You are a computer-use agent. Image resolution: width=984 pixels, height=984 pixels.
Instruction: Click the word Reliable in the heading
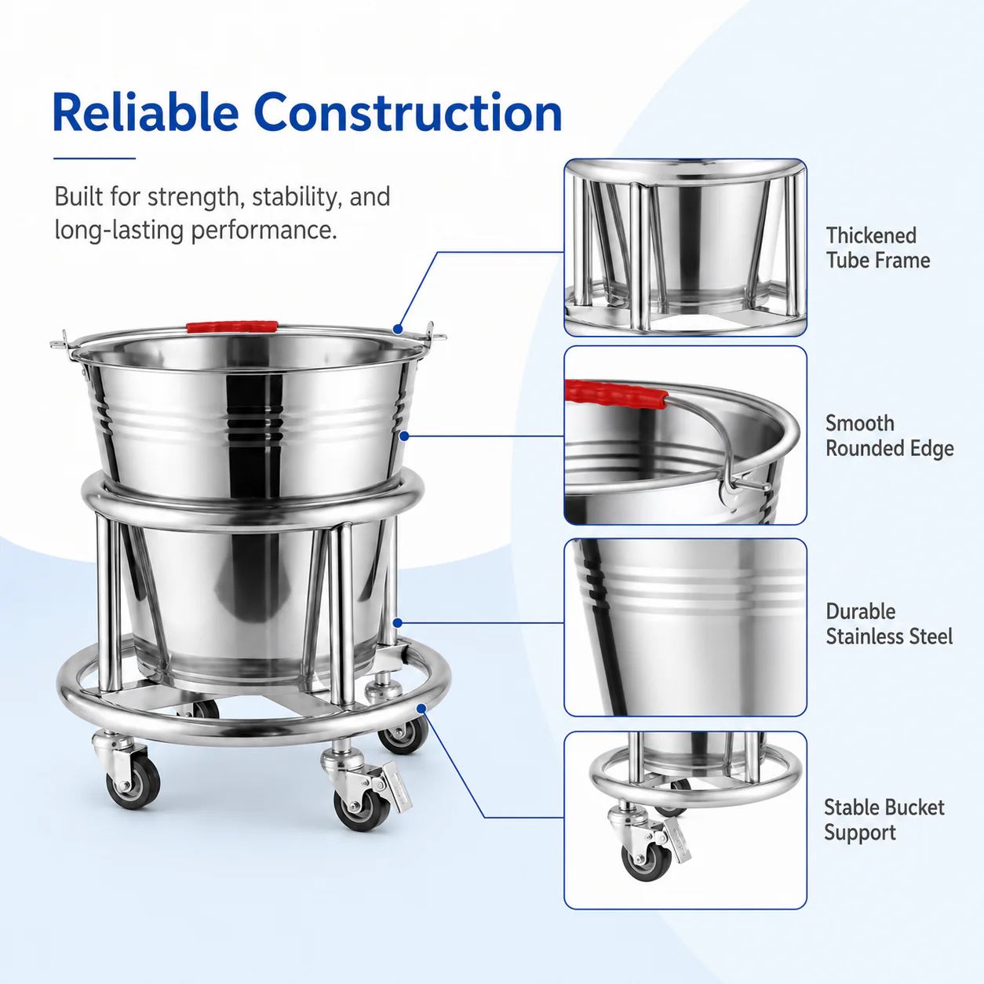point(145,112)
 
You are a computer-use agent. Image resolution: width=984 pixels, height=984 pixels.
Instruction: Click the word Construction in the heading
point(408,112)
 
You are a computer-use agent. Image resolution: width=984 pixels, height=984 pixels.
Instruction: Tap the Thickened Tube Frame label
point(878,248)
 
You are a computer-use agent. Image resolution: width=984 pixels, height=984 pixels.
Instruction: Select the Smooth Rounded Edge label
point(890,436)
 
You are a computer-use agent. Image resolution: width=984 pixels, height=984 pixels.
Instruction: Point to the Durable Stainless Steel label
point(889,624)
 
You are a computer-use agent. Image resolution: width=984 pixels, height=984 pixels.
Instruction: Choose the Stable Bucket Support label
point(884,820)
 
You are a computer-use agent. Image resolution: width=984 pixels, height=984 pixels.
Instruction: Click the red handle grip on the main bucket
point(232,326)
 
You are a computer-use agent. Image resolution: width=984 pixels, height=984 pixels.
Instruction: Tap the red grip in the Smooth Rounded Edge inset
point(616,394)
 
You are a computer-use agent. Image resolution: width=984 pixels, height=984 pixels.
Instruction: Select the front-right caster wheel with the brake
point(362,808)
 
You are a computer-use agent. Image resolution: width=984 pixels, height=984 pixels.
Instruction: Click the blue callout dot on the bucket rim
point(398,330)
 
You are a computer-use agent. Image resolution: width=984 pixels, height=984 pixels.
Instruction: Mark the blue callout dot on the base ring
point(422,709)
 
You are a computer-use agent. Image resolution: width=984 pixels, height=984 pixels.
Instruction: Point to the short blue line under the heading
point(94,159)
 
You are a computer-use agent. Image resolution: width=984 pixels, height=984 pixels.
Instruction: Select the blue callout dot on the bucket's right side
point(404,436)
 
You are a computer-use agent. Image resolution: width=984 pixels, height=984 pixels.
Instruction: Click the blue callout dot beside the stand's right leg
point(398,623)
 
